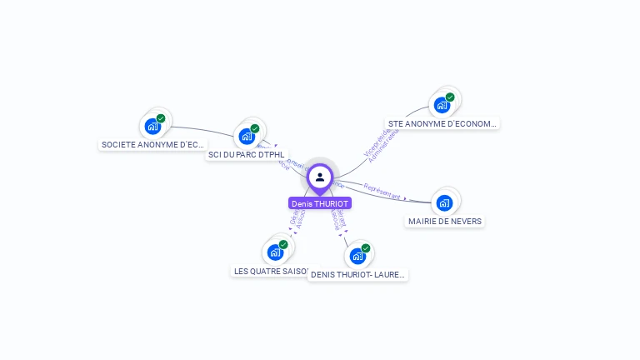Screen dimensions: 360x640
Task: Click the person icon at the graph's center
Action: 320,177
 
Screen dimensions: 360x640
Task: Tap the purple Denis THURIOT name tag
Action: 320,203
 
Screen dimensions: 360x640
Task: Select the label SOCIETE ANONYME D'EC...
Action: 152,144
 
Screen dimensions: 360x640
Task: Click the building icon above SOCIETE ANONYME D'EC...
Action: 152,126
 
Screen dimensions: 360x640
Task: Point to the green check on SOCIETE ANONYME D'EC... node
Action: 161,118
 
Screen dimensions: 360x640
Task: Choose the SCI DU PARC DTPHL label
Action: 246,154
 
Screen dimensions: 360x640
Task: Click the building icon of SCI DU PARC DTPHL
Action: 247,136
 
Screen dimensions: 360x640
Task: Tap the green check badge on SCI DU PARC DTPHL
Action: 255,128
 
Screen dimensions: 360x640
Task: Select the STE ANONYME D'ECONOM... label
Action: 442,123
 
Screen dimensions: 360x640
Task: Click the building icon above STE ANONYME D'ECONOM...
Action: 442,105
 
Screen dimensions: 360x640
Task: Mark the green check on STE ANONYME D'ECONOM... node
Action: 450,97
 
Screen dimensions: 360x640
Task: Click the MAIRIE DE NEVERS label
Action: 445,221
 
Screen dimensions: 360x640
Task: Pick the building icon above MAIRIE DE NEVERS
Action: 444,202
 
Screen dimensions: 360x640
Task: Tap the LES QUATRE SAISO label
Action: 271,271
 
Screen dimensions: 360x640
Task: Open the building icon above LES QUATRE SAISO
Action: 275,252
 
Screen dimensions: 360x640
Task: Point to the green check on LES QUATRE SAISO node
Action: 283,244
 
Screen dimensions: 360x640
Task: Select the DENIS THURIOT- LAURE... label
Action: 358,274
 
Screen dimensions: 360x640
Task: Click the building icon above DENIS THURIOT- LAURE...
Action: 357,256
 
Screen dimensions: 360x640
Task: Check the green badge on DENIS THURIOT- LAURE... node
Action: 366,248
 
